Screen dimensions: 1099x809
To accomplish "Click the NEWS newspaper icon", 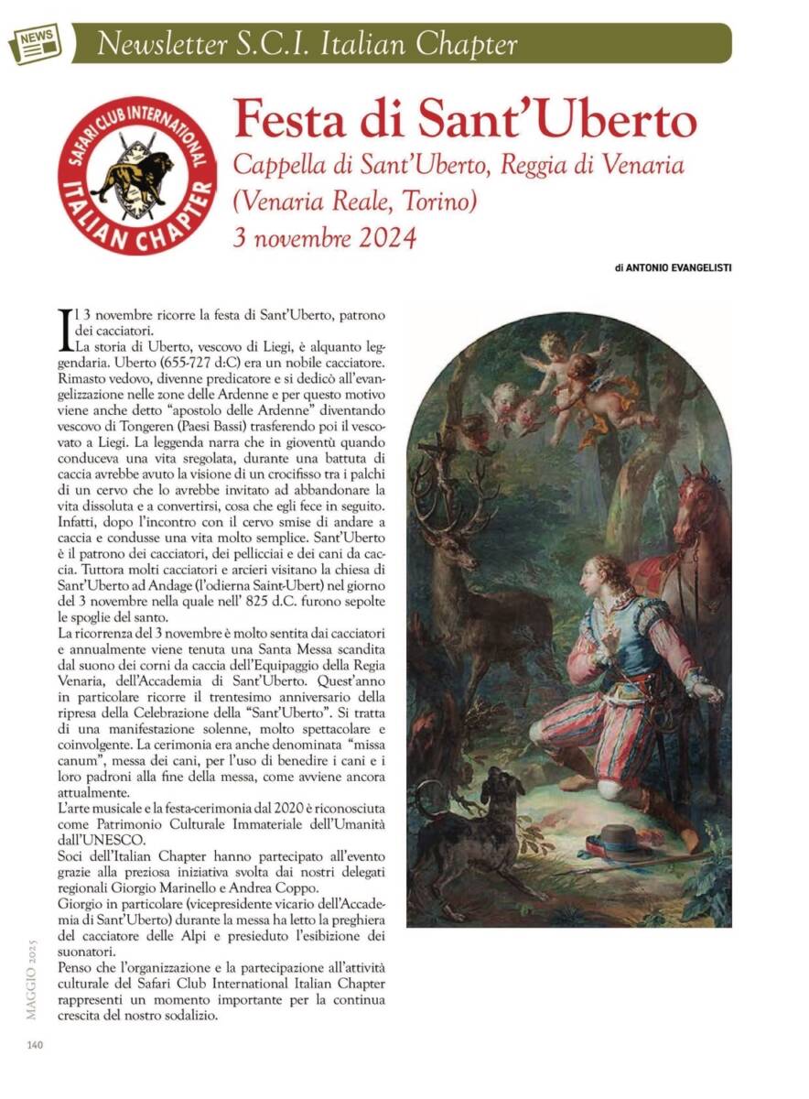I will [34, 43].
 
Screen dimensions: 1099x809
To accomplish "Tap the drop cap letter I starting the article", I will [63, 330].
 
